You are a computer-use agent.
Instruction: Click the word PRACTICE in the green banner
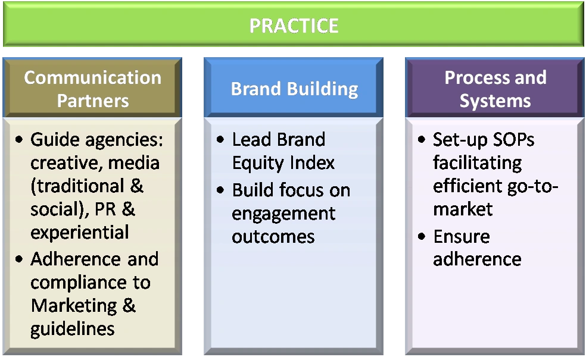click(294, 26)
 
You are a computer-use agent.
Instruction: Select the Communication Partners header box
click(92, 87)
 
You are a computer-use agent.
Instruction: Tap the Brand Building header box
click(294, 87)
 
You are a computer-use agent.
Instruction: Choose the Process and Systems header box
click(495, 87)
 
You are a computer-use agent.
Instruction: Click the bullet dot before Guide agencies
click(19, 140)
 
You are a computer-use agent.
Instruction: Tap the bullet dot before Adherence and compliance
click(19, 259)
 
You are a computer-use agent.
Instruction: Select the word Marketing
click(73, 305)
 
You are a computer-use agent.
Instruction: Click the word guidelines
click(73, 330)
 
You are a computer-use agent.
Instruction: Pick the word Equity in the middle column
click(258, 163)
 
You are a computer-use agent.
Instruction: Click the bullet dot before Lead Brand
click(220, 140)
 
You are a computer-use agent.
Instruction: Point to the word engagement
click(283, 214)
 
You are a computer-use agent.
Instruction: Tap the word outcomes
click(273, 237)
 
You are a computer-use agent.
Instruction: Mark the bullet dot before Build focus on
click(220, 190)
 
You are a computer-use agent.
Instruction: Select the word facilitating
click(477, 163)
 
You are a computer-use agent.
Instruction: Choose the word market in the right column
click(463, 209)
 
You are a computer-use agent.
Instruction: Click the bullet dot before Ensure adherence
click(422, 236)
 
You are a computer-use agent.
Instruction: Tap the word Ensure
click(462, 236)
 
